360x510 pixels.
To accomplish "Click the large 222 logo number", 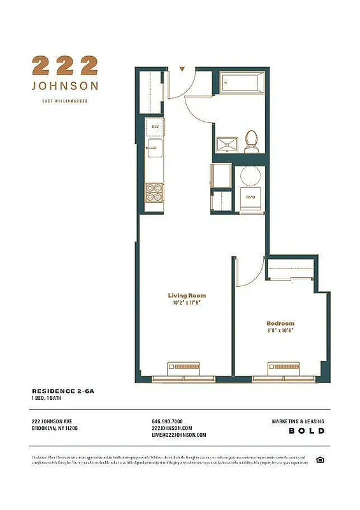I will [65, 65].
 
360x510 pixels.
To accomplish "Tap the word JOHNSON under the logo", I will [65, 86].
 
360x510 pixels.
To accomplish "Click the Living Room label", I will [187, 296].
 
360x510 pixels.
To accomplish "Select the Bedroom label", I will [280, 324].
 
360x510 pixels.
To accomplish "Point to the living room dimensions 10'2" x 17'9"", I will [187, 303].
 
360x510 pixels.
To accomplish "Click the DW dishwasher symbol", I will [154, 127].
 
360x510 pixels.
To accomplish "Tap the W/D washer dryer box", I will [250, 197].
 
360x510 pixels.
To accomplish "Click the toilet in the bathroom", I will [251, 141].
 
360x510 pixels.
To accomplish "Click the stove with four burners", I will [154, 191].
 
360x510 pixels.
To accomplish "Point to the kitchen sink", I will [153, 150].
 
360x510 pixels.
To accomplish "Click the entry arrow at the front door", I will [182, 68].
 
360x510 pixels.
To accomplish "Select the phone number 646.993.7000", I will [167, 421].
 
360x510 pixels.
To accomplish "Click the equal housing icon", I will [320, 460].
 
